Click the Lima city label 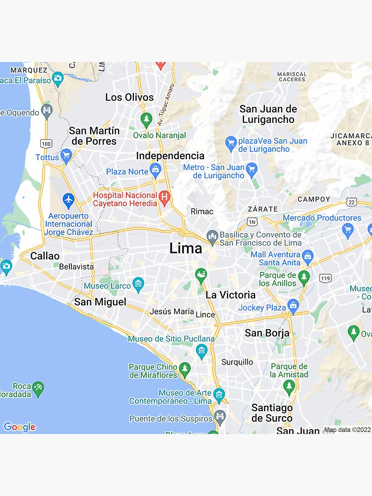(186, 248)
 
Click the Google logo (19, 427)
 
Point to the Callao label (45, 256)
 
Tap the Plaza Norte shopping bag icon (156, 171)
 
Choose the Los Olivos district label (129, 97)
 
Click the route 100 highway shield (46, 144)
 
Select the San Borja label (267, 333)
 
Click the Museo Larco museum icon (138, 285)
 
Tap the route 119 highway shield (325, 278)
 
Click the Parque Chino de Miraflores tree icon (185, 369)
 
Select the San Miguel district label (100, 302)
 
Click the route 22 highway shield (352, 202)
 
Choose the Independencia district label (170, 156)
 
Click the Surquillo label (237, 362)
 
